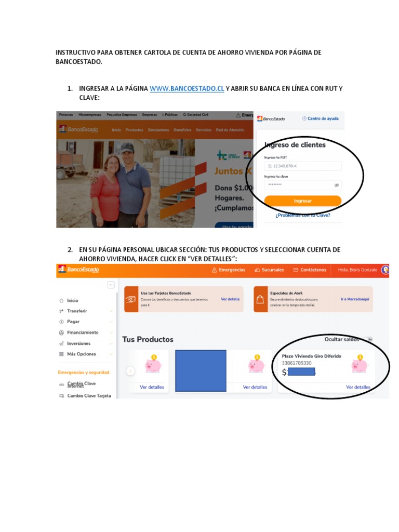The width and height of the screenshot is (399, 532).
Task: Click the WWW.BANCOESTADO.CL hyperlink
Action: pos(187,89)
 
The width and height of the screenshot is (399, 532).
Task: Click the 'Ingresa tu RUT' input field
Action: pos(303,166)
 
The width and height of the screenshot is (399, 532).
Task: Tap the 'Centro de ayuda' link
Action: pos(323,118)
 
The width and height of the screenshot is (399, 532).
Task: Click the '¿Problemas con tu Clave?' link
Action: pos(303,215)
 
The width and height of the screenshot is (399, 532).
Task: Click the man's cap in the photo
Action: pos(127,148)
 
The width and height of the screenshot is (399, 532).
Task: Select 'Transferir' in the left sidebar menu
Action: pos(77,311)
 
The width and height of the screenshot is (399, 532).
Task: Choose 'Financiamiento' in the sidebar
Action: pos(82,332)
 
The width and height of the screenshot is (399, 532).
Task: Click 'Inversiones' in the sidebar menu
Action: pos(78,343)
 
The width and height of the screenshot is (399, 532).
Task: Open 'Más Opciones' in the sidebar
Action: pos(82,354)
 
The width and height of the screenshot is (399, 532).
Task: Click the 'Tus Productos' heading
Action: pos(148,339)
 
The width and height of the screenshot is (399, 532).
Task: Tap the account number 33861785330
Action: pos(297,363)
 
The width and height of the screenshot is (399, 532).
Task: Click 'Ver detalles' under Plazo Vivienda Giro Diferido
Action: pos(358,387)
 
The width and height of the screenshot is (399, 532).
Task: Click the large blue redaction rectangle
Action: pos(201,370)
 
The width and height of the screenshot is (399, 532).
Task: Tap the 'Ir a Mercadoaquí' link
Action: pos(355,299)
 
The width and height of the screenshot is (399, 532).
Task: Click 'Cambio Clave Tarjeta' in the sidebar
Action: pos(89,396)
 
